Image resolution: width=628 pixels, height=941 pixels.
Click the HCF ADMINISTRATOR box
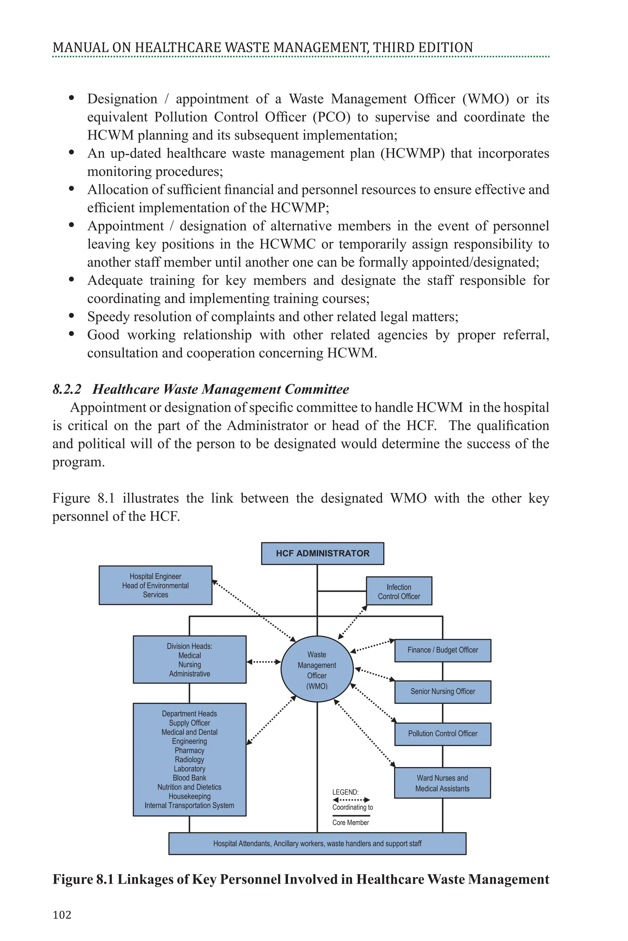click(x=322, y=553)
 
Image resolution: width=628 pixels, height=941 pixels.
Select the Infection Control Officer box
click(x=399, y=591)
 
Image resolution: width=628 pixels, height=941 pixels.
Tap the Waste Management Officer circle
click(x=317, y=670)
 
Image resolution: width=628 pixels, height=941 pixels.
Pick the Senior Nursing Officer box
click(x=442, y=691)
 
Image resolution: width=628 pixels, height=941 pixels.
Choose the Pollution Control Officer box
click(x=442, y=733)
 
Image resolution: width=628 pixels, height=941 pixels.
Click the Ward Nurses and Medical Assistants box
click(x=442, y=783)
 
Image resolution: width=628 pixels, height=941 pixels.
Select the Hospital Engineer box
click(x=155, y=585)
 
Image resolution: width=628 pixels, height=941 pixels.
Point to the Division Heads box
click(x=190, y=659)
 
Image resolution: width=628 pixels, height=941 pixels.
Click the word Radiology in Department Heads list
click(x=190, y=759)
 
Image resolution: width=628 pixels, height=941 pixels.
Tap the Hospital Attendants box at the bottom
click(x=317, y=843)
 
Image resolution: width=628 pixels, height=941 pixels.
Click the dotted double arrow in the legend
click(x=351, y=800)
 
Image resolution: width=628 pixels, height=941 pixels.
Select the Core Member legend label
click(x=350, y=822)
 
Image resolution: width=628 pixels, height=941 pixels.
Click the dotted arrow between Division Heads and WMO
click(x=263, y=662)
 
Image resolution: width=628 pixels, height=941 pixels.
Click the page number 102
click(x=62, y=915)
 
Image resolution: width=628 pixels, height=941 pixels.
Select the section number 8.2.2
click(x=67, y=389)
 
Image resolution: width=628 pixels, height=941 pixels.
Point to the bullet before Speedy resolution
click(x=72, y=316)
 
